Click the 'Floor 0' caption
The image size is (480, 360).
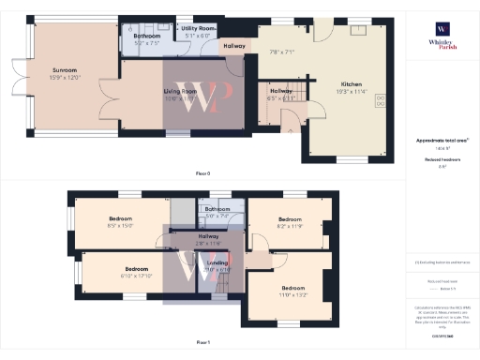click(x=202, y=173)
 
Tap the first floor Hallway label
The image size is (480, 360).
click(x=208, y=237)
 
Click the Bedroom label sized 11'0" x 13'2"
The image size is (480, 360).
click(x=293, y=288)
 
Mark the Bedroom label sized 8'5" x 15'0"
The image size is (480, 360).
click(x=120, y=222)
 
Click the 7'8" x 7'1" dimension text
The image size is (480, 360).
click(x=281, y=52)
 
